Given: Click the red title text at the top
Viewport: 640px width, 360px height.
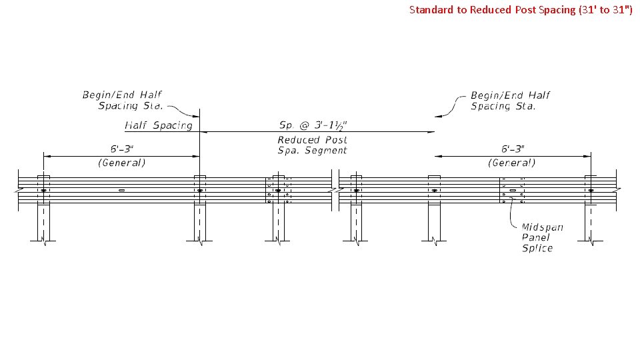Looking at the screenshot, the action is click(521, 9).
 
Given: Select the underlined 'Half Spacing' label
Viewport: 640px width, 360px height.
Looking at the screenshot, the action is click(159, 125).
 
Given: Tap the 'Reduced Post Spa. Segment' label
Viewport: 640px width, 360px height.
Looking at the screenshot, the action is click(312, 145).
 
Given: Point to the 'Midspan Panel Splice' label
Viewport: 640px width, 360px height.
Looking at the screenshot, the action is click(542, 237).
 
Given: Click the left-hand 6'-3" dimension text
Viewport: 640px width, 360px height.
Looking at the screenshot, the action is click(121, 149).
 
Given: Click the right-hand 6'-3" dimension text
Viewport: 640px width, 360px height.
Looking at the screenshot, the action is click(512, 149).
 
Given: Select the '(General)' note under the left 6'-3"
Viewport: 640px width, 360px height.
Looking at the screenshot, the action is click(121, 162).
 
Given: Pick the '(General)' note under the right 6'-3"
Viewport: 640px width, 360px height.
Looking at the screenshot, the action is click(512, 162).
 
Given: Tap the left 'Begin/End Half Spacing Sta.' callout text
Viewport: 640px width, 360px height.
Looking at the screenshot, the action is click(122, 100).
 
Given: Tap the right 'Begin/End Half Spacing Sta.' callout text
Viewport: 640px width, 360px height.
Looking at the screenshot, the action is click(510, 100).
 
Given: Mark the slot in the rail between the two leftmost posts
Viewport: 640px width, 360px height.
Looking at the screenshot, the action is click(121, 191).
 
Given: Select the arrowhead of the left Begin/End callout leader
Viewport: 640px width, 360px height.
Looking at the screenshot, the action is click(199, 115).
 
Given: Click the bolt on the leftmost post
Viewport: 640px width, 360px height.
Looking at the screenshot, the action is click(43, 191).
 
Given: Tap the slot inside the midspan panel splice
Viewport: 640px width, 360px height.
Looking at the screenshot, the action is click(512, 191).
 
